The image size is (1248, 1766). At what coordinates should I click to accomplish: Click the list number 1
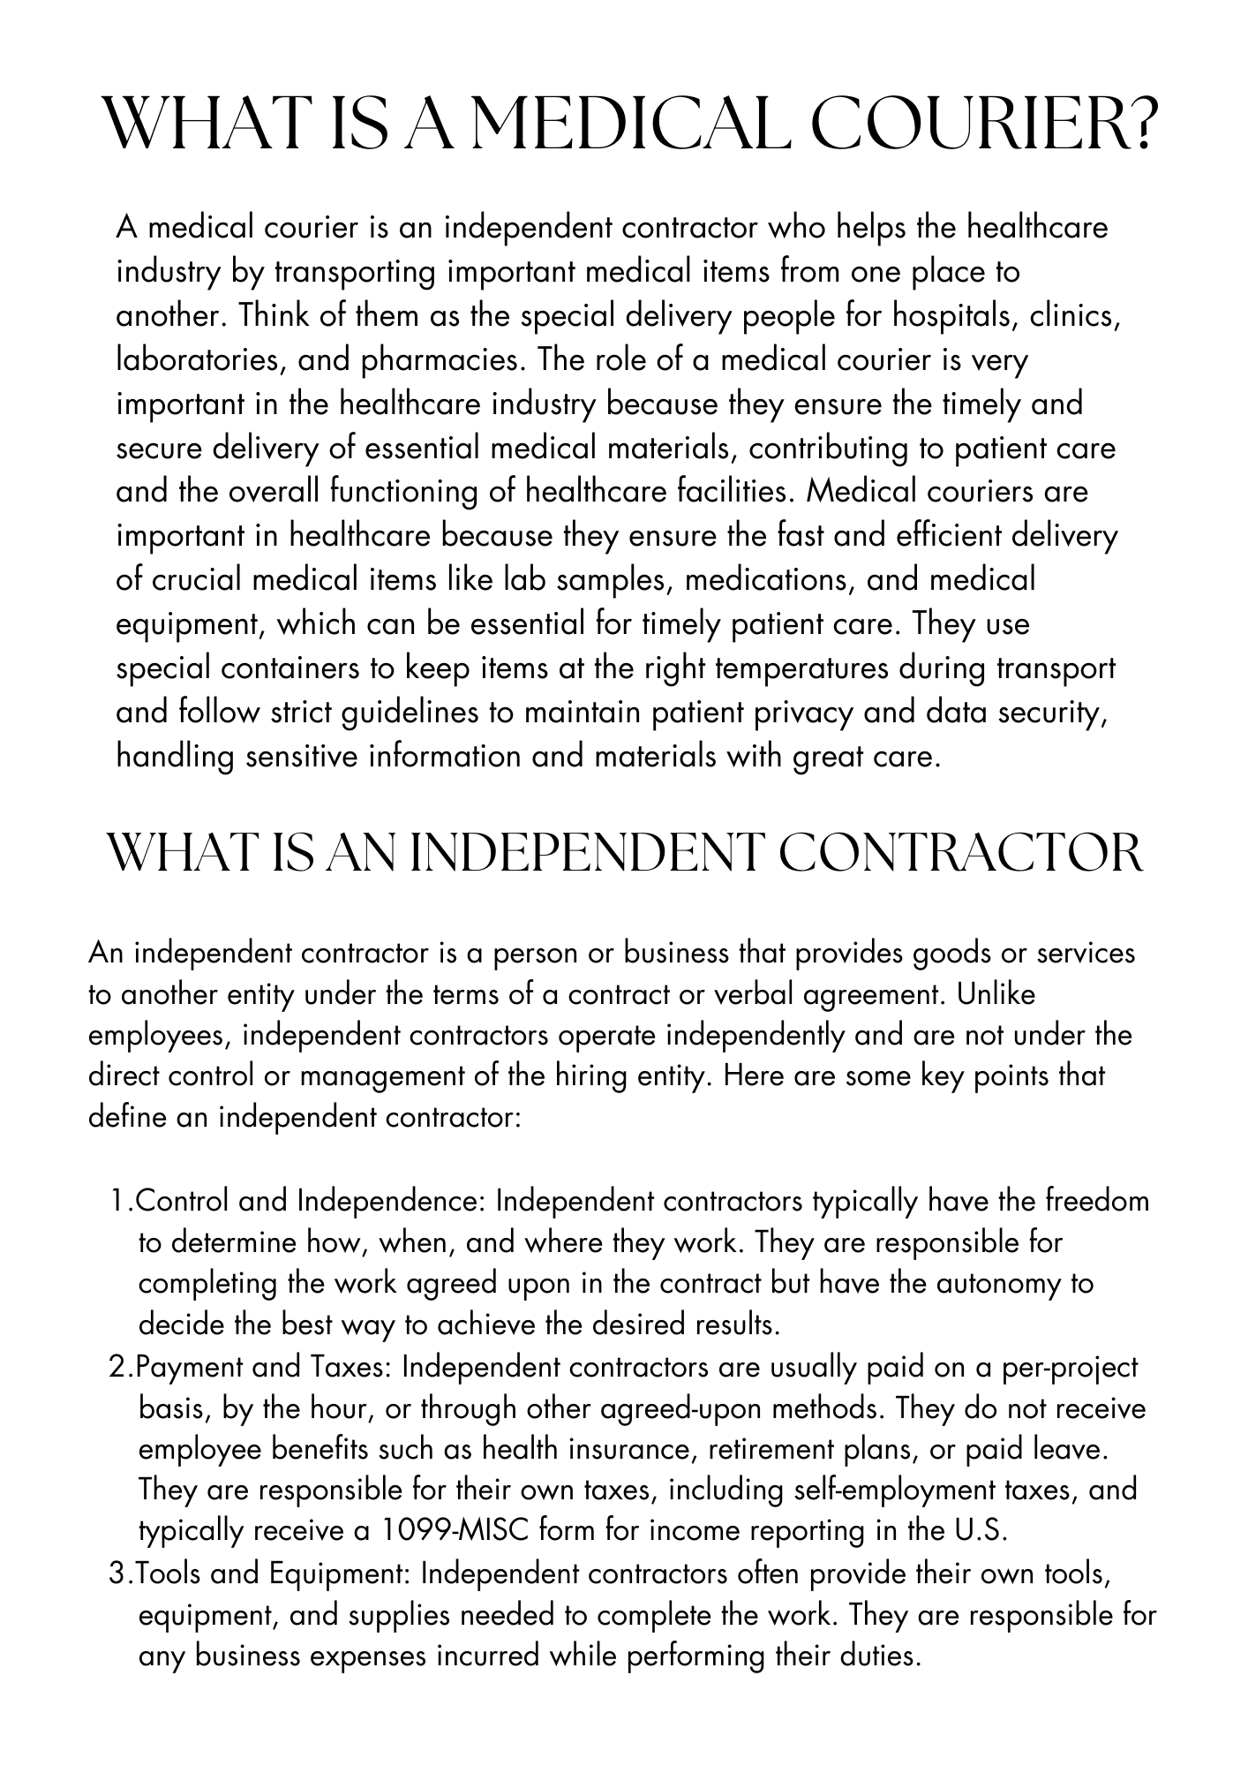click(119, 1202)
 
